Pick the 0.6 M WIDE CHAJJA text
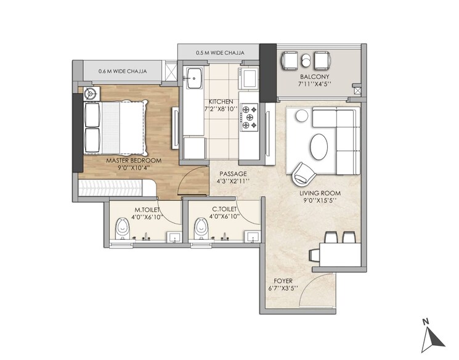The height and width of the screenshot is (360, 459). (123, 71)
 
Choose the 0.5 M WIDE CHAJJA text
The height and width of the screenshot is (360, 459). (219, 53)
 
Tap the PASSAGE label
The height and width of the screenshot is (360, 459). (233, 174)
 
